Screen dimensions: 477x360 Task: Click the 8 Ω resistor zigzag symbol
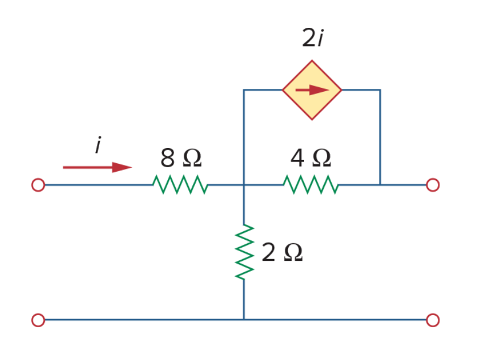click(180, 184)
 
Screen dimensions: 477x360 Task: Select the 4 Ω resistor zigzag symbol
click(311, 184)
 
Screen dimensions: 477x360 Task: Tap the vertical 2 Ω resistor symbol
click(244, 252)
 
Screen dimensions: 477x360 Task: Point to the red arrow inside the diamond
click(312, 90)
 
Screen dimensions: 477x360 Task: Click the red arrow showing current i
click(98, 167)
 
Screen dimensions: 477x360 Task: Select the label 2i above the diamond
click(313, 38)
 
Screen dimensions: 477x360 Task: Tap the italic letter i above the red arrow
click(98, 145)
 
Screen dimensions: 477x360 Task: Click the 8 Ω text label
click(181, 158)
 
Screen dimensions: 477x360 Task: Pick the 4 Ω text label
click(311, 158)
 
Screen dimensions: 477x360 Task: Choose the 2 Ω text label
click(282, 252)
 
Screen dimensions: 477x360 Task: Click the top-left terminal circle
click(38, 185)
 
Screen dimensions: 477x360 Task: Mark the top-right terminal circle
click(433, 185)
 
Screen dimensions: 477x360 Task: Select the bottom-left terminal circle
click(38, 320)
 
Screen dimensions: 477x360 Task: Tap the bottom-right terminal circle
click(433, 320)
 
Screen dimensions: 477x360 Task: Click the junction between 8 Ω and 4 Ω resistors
click(244, 185)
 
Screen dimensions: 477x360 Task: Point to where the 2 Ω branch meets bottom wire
click(244, 320)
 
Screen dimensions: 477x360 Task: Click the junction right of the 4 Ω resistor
click(380, 185)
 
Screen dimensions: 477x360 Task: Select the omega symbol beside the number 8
click(192, 158)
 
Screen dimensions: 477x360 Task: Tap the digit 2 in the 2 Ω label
click(268, 252)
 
